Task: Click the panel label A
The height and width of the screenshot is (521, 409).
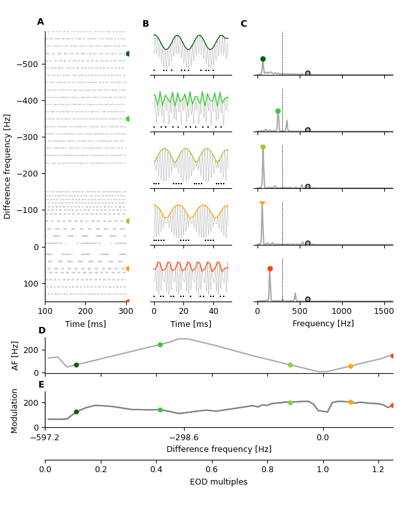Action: coord(40,22)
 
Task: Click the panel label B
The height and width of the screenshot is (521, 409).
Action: coord(146,24)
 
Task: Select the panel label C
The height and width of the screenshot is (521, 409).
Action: coord(244,24)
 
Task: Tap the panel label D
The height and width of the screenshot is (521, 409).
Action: coord(42,331)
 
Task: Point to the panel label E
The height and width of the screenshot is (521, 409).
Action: coord(41,385)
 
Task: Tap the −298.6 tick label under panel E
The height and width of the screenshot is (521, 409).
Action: coord(183,438)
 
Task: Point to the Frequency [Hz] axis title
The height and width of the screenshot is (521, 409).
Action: coord(323,324)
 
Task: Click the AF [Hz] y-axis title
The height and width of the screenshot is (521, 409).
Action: coord(16,355)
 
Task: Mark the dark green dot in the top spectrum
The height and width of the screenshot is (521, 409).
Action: coord(263,59)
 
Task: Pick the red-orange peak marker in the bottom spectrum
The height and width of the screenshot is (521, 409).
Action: coord(270,268)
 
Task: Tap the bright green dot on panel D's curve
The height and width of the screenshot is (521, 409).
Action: coord(160,345)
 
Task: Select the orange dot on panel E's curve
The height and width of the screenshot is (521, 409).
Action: coord(350,402)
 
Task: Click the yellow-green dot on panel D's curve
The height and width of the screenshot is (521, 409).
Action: coord(290,365)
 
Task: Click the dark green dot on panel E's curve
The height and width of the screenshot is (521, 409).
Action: coord(76,412)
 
